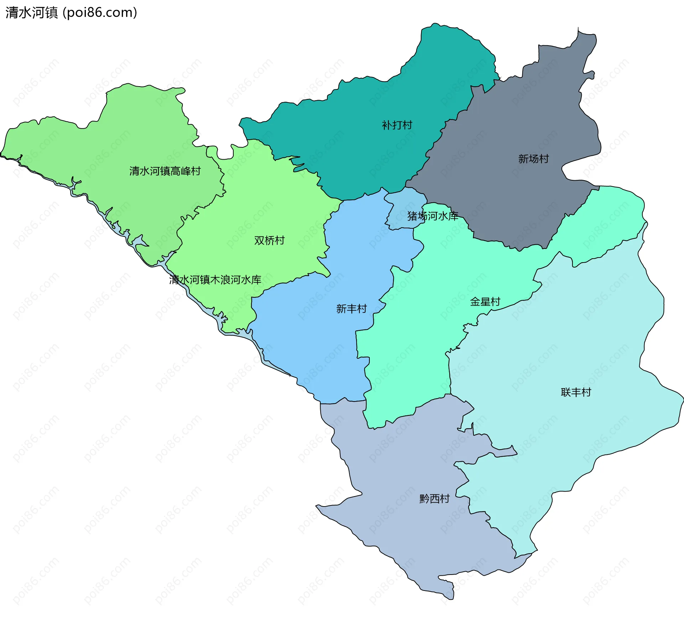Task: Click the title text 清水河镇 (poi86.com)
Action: point(71,13)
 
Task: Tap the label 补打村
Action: point(397,125)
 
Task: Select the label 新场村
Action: point(533,159)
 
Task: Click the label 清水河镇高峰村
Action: point(165,171)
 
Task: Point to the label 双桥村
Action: point(269,241)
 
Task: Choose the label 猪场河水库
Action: point(432,216)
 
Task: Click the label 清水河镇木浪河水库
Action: point(215,280)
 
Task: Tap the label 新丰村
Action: point(351,309)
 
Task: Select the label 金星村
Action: point(485,302)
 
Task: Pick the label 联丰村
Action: point(576,393)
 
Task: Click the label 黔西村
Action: point(434,499)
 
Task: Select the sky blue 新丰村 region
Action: point(321,349)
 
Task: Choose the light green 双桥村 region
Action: point(278,199)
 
